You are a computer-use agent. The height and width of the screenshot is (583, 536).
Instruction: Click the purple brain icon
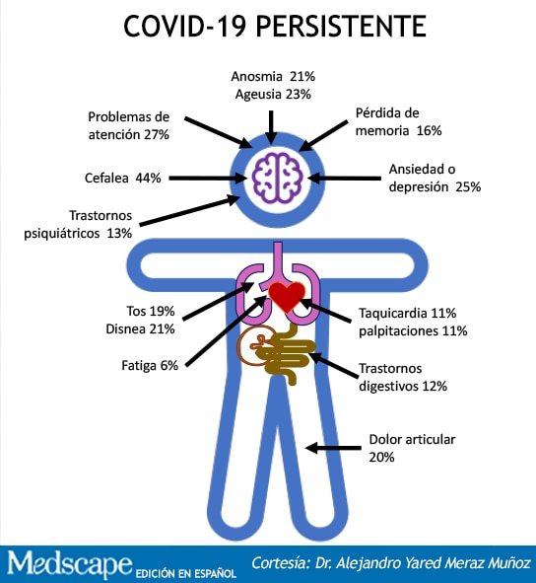[x=277, y=178]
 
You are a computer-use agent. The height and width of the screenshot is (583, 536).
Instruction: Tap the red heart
[x=287, y=296]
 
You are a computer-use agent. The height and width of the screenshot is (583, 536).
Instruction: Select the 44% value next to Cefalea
[x=148, y=179]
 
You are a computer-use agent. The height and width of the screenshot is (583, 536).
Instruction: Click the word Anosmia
[x=257, y=76]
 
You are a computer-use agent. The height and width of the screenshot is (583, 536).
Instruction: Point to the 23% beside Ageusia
[x=298, y=94]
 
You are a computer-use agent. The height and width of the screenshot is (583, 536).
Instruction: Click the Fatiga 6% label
[x=150, y=366]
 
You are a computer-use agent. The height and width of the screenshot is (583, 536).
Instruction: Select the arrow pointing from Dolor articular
[x=333, y=448]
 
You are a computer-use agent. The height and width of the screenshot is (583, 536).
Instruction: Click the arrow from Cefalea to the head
[x=208, y=179]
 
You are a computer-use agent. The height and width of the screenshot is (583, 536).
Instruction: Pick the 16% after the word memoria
[x=429, y=131]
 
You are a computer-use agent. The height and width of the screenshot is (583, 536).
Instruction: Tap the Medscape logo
[x=70, y=564]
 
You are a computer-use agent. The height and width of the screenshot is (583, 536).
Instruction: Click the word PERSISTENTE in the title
[x=341, y=27]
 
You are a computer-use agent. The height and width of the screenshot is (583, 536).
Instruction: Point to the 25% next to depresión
[x=468, y=186]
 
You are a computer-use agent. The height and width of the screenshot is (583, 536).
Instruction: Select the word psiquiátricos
[x=62, y=234]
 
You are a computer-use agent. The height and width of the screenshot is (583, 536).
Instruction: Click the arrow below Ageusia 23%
[x=272, y=127]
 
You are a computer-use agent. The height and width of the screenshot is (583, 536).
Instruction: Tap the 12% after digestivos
[x=435, y=387]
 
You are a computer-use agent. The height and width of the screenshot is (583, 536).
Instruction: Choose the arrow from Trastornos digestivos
[x=333, y=366]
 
